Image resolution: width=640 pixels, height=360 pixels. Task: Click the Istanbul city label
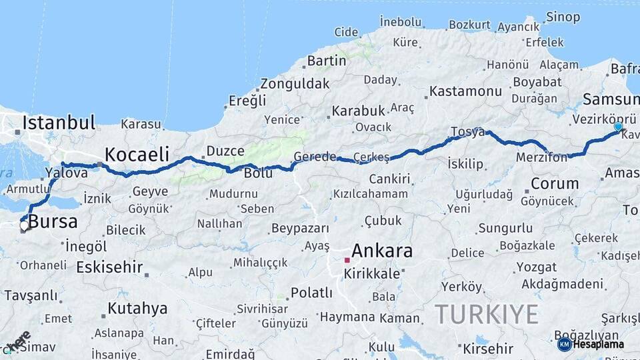click(x=59, y=122)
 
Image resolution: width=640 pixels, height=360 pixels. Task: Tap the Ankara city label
click(x=381, y=251)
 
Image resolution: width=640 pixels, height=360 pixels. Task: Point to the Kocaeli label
click(x=137, y=154)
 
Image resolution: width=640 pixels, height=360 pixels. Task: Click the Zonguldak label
click(x=295, y=84)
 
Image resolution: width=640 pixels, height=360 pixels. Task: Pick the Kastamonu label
click(x=465, y=91)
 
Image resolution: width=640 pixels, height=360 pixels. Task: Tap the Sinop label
click(x=563, y=17)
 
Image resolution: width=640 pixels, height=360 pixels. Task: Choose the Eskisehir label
click(x=109, y=268)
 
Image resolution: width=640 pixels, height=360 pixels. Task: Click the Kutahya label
click(x=137, y=309)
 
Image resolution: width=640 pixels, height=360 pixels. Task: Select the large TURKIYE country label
click(x=486, y=314)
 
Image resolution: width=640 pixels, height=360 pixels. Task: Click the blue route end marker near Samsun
click(x=618, y=127)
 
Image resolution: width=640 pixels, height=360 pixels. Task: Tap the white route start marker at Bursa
click(x=24, y=225)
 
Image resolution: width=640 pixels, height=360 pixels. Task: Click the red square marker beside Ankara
click(x=347, y=260)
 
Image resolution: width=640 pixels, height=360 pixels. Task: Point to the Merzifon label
click(x=541, y=158)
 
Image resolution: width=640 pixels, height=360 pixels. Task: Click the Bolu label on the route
click(x=258, y=173)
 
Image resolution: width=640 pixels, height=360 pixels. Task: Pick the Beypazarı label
click(x=297, y=229)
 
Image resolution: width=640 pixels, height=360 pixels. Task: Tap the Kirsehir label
click(x=488, y=349)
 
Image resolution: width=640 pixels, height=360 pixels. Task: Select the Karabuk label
click(x=359, y=111)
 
